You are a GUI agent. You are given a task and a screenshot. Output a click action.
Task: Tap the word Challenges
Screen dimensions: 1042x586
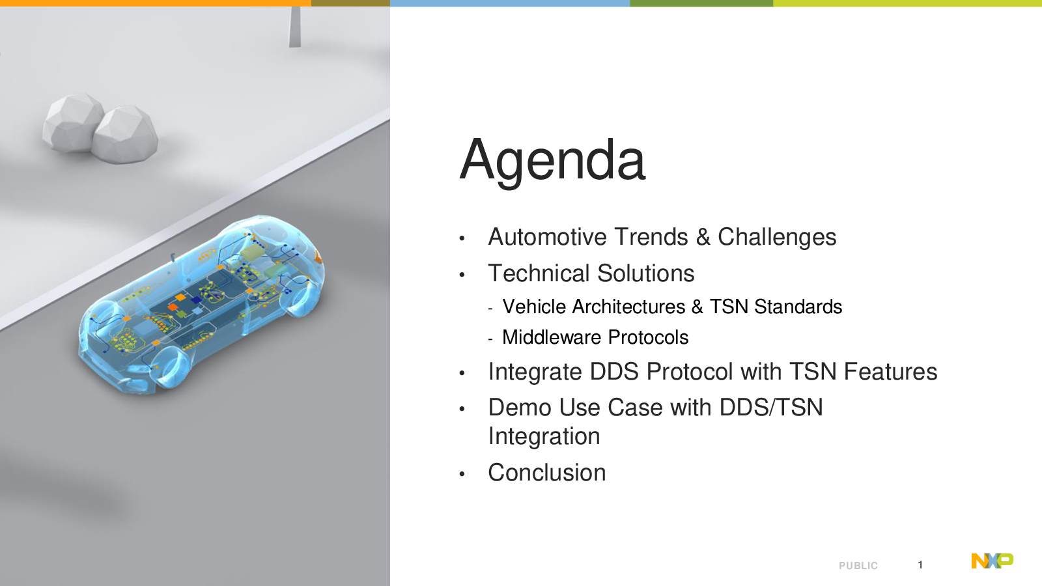pos(777,237)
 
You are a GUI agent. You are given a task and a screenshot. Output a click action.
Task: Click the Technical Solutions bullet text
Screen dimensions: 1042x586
pos(591,273)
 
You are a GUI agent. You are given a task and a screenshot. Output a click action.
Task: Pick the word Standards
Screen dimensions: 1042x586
pos(798,307)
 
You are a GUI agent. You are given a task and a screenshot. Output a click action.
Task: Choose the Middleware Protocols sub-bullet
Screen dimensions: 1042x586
pos(595,338)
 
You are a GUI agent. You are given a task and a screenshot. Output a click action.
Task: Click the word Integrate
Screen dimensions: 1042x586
pos(535,372)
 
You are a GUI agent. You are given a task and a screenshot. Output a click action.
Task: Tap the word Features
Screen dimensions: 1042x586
pos(890,372)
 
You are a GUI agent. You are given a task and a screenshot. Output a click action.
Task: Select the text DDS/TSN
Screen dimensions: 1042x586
pos(771,408)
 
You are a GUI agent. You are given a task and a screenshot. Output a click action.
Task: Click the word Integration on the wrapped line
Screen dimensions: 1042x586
pos(544,437)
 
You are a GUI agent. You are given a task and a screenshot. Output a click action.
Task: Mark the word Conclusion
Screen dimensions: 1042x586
pos(547,473)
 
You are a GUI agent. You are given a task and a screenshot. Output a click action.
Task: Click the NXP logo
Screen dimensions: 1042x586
pos(993,561)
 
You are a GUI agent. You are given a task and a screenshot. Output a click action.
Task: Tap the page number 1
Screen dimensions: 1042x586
pos(920,565)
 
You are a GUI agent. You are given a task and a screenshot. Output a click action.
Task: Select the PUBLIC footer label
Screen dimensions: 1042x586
pos(858,566)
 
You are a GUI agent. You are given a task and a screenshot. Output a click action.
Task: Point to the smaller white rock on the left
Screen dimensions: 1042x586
pos(72,122)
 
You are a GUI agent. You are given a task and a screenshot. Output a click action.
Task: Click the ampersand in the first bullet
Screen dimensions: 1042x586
pos(703,237)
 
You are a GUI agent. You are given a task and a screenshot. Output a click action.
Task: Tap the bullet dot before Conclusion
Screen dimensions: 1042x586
pos(462,475)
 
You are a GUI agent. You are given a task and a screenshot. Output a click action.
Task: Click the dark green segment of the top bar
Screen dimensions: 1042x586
pos(701,3)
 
